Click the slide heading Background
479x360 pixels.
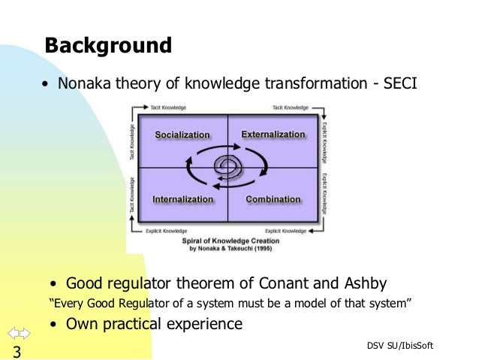(x=108, y=45)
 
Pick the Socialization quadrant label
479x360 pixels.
(x=182, y=135)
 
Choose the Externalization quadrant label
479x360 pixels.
(x=273, y=135)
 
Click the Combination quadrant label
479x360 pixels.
(x=273, y=200)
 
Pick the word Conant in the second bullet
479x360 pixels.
(x=294, y=283)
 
